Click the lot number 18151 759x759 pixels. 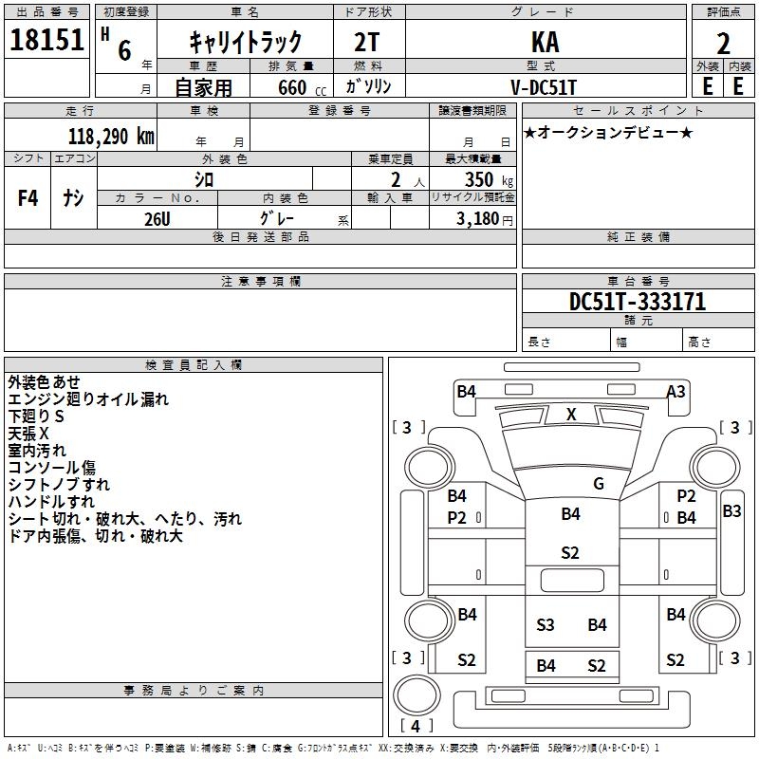[46, 40]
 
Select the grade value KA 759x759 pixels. [545, 42]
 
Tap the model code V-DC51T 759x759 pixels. [544, 87]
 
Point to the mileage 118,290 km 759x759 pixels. [111, 137]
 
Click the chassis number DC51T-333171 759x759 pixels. [638, 302]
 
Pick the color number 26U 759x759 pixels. [157, 219]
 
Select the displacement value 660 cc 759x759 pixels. [302, 88]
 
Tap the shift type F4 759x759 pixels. [28, 198]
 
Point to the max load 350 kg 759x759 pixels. [489, 179]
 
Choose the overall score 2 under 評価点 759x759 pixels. [723, 44]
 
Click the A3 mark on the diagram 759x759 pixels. [676, 391]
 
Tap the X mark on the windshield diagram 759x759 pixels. [571, 415]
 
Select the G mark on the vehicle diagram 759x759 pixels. [599, 484]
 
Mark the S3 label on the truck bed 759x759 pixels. [545, 625]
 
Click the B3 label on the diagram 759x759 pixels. [731, 511]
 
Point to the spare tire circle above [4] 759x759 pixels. [417, 694]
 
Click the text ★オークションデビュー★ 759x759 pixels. [608, 132]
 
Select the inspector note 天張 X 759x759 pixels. [28, 434]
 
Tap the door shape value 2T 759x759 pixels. [367, 42]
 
